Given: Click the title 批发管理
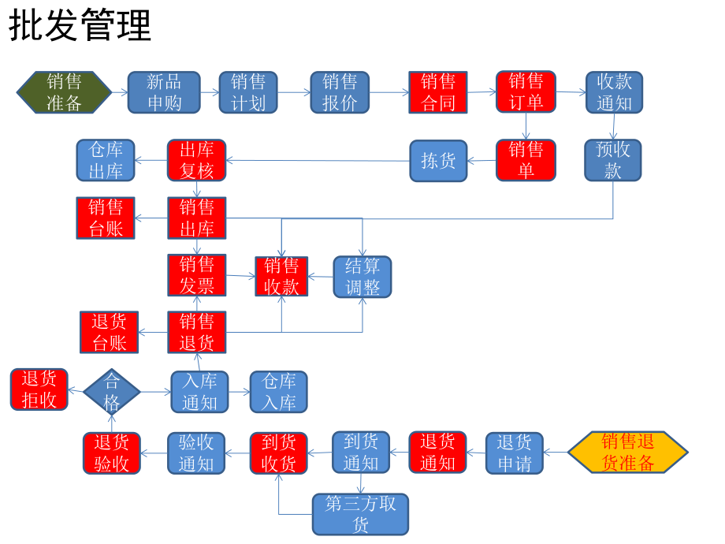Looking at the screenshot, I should coord(80,26).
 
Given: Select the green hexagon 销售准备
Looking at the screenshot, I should coord(64,92).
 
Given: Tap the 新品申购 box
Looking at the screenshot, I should coord(164,92).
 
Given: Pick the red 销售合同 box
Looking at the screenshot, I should coord(438,92).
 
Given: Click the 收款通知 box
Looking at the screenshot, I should coord(614,92).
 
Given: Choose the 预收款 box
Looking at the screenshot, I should coord(613,160).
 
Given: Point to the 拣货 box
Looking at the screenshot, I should coord(438,160).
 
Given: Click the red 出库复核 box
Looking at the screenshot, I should coord(196,160).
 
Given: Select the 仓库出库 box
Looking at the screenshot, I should coord(106,160).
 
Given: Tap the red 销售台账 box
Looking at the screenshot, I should coord(106,218).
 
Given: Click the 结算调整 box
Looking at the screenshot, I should coord(362,276).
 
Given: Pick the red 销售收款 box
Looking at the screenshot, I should coord(281,276).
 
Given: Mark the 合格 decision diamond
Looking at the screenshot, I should coord(112,392).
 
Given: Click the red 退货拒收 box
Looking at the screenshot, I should coord(39,389).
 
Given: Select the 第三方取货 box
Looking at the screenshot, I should coord(361,514).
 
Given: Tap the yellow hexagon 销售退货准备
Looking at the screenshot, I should coord(627,452).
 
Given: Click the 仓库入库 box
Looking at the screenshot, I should coord(278,392).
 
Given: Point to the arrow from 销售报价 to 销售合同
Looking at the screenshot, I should coord(389,92).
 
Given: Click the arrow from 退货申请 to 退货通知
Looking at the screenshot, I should coord(476,453).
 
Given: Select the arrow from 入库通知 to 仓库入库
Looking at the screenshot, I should coord(240,392).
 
